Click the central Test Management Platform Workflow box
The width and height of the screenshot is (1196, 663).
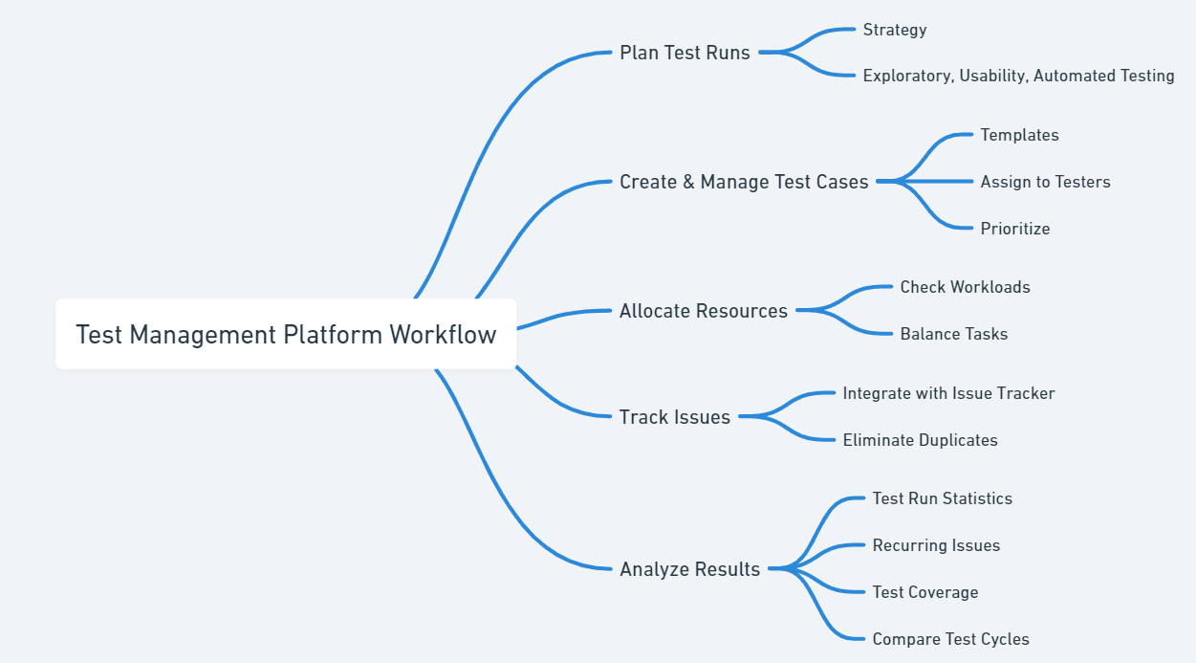(286, 334)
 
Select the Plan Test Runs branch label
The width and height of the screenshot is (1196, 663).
(685, 53)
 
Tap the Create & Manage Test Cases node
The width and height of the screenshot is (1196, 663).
(744, 182)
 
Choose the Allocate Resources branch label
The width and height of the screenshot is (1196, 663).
(704, 311)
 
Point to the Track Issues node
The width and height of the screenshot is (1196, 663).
(675, 417)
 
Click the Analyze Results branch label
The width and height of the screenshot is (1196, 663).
(689, 569)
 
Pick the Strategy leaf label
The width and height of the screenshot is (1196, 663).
(895, 30)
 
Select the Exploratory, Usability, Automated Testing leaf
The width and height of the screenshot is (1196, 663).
(1018, 76)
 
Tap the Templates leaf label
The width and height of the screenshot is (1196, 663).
(1019, 135)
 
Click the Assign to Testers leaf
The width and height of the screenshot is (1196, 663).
(1045, 182)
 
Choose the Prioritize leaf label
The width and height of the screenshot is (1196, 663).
(1015, 229)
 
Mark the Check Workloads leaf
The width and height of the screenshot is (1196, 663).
(965, 287)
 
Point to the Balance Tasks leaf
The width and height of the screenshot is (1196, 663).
(953, 334)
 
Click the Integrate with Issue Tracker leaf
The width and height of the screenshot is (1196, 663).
(948, 393)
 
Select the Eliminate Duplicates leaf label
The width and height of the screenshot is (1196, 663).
(920, 440)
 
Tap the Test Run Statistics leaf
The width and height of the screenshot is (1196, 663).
(942, 498)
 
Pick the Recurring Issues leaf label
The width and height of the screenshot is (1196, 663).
(936, 545)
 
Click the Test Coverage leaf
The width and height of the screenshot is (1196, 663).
(924, 592)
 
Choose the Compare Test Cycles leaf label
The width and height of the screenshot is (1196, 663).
(950, 639)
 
